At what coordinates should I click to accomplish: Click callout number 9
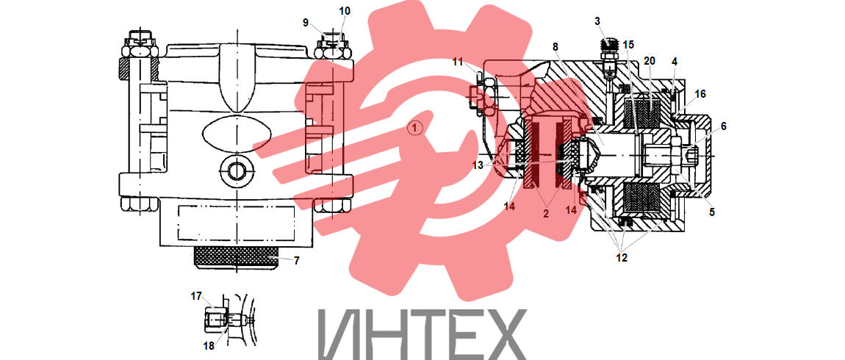click(x=306, y=23)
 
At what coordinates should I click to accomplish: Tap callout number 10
click(x=345, y=11)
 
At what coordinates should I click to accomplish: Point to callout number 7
click(x=296, y=260)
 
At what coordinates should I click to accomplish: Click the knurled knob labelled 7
click(x=236, y=258)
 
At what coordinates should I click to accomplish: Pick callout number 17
click(x=196, y=296)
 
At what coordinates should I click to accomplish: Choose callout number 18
click(x=209, y=345)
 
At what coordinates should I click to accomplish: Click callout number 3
click(x=597, y=21)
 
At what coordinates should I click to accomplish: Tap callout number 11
click(x=458, y=62)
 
